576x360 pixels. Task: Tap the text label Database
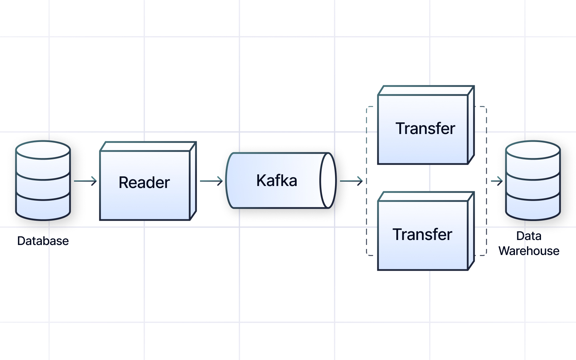(x=43, y=241)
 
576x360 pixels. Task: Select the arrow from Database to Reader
(x=85, y=181)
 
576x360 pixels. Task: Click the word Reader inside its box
(x=144, y=183)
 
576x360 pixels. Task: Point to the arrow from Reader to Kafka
(x=211, y=181)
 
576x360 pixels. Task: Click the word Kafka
(x=277, y=181)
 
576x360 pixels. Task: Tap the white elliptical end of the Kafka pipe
(x=328, y=181)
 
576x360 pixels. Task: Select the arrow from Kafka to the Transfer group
(x=351, y=181)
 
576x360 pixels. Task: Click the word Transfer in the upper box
(x=425, y=129)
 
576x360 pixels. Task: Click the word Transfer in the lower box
(x=422, y=235)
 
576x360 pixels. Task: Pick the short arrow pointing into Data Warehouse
(x=497, y=181)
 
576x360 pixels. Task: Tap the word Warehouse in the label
(x=529, y=251)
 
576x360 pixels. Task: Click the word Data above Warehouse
(x=529, y=236)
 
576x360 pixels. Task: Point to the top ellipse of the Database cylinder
(x=43, y=150)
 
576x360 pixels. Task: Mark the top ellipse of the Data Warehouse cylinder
(x=533, y=150)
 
